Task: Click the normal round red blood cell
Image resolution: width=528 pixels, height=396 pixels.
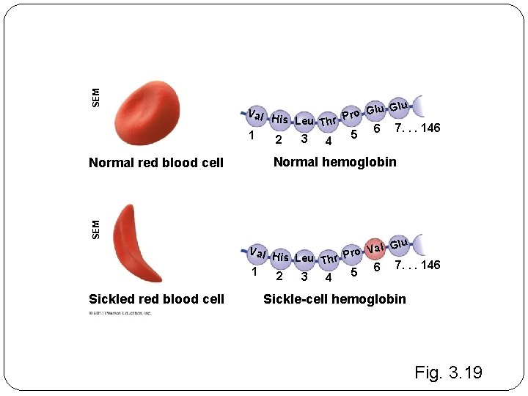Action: [x=148, y=112]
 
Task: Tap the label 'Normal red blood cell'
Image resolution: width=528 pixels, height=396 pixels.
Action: [x=155, y=163]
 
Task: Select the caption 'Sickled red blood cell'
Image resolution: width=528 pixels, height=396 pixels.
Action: [x=156, y=299]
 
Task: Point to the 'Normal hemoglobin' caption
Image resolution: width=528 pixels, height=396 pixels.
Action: [x=334, y=162]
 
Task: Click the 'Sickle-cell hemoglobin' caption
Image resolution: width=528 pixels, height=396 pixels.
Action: [x=334, y=299]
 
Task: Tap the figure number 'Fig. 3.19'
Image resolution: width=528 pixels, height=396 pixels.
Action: [x=448, y=373]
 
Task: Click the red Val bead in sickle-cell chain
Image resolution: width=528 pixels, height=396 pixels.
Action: [x=375, y=247]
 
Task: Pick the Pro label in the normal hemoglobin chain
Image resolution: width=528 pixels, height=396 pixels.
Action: [x=351, y=114]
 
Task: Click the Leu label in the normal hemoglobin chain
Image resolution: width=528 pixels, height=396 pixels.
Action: [x=304, y=121]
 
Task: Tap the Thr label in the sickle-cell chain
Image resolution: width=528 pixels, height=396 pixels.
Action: [x=329, y=258]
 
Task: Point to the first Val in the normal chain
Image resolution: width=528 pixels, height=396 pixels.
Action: [x=256, y=114]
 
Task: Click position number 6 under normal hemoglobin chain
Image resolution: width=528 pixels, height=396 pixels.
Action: [x=376, y=130]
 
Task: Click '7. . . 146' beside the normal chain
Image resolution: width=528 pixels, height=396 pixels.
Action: [x=417, y=128]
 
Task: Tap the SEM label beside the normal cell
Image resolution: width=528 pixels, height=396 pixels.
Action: [x=96, y=95]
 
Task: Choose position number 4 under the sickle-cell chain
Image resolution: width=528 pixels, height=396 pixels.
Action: [x=329, y=278]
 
